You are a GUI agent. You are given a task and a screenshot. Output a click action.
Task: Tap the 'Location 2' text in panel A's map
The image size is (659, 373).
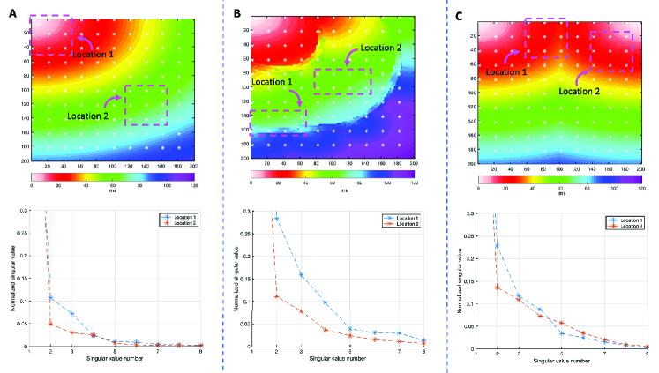pyautogui.click(x=87, y=115)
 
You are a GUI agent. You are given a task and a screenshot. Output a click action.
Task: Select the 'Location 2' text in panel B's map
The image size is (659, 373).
pyautogui.click(x=379, y=48)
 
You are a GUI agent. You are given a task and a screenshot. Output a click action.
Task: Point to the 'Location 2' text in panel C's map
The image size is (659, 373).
pyautogui.click(x=581, y=90)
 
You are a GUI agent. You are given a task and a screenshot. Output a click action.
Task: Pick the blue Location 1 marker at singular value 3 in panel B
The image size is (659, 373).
pyautogui.click(x=303, y=274)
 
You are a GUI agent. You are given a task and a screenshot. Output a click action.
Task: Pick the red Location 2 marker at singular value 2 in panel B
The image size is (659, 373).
pyautogui.click(x=277, y=296)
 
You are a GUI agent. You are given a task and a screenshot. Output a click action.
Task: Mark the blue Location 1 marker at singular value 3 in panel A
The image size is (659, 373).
pyautogui.click(x=72, y=313)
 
